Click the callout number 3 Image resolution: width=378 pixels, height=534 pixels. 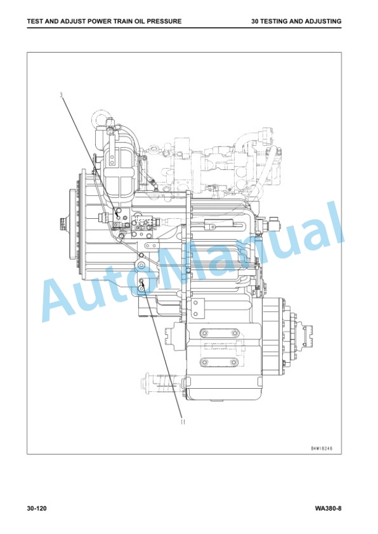[x=61, y=95]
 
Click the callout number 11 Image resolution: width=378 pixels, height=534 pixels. [x=183, y=422]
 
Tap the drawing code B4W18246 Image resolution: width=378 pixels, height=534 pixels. [x=322, y=448]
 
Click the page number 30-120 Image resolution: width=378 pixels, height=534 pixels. [x=36, y=509]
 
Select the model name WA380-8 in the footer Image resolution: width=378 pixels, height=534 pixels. [x=328, y=509]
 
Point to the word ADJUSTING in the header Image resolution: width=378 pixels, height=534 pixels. [x=323, y=21]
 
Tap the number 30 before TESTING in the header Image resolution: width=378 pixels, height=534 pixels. [x=255, y=21]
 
